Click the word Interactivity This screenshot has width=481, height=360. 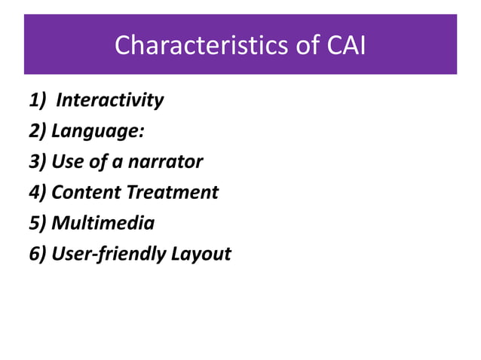click(109, 99)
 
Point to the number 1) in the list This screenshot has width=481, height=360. click(38, 99)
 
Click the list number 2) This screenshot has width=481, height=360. click(38, 130)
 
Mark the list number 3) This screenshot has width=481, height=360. click(38, 161)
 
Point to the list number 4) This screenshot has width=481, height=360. click(38, 192)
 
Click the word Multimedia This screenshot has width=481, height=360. click(103, 223)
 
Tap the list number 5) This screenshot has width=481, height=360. click(38, 223)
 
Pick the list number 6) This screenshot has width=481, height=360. click(38, 254)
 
